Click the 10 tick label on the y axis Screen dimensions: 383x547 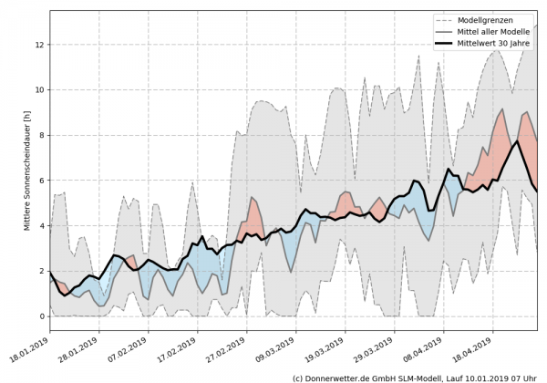click(39, 89)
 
